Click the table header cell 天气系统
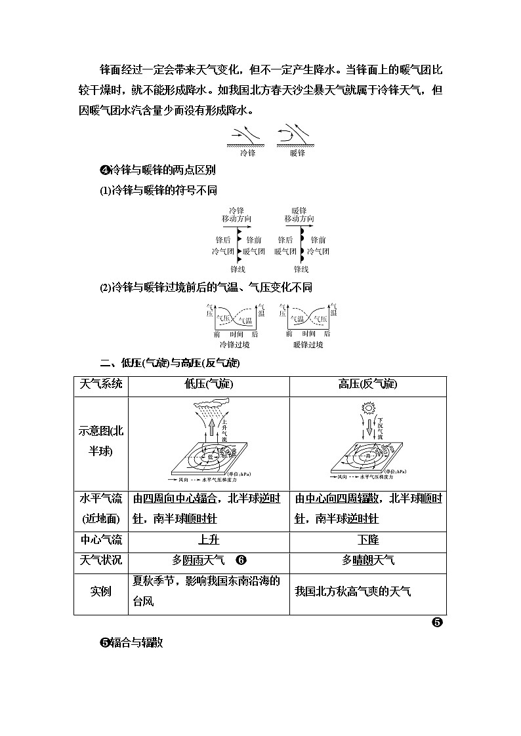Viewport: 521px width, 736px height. [100, 385]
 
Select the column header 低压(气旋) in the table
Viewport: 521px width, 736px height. [209, 385]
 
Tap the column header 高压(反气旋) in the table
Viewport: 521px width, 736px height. [367, 385]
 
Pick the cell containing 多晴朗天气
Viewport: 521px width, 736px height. [367, 560]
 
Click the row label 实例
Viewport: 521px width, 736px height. [100, 591]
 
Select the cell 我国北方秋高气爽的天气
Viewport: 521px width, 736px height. [353, 591]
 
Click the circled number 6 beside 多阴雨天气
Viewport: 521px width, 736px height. [241, 560]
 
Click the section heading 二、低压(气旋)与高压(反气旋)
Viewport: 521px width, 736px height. [170, 363]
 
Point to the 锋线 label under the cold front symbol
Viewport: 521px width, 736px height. [237, 269]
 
